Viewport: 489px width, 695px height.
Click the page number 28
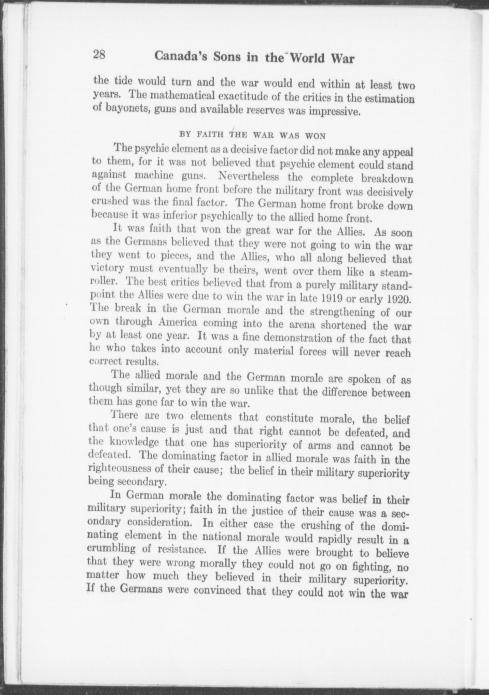pos(99,55)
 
